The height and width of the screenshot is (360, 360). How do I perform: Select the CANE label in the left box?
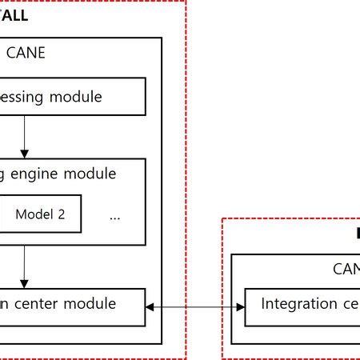[26, 54]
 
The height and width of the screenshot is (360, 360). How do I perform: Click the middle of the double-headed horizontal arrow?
[194, 305]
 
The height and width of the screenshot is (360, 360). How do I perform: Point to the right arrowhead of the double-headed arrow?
[239, 305]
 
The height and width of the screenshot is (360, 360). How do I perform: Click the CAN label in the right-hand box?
[346, 270]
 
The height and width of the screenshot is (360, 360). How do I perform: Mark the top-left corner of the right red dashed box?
[222, 218]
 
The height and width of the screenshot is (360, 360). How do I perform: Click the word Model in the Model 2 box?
[33, 214]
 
